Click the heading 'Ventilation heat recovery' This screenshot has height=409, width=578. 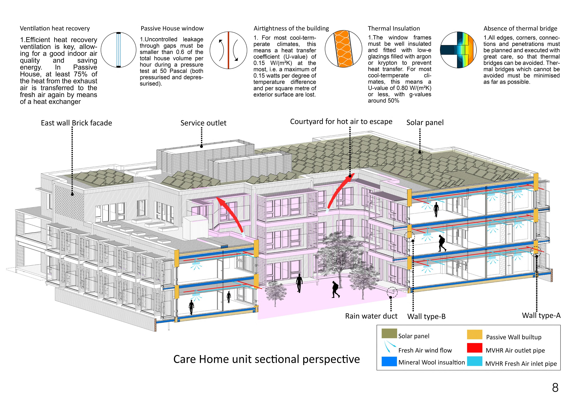tap(55, 29)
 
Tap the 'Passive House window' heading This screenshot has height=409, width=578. tap(172, 29)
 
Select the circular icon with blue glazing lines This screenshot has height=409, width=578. tap(118, 50)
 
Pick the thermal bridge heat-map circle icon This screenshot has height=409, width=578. tap(458, 50)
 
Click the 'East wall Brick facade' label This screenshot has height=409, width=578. tap(76, 123)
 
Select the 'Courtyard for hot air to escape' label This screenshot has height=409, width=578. tap(341, 122)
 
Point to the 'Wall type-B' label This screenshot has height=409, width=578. tap(426, 316)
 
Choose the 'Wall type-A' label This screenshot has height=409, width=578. tap(541, 315)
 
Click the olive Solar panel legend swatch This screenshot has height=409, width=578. tap(389, 333)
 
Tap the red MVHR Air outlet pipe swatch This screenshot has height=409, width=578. tap(475, 348)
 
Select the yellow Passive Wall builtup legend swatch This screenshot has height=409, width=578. tap(475, 334)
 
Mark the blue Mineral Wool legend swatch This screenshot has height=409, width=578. tap(389, 361)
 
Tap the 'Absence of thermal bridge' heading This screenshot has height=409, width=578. tap(520, 29)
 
